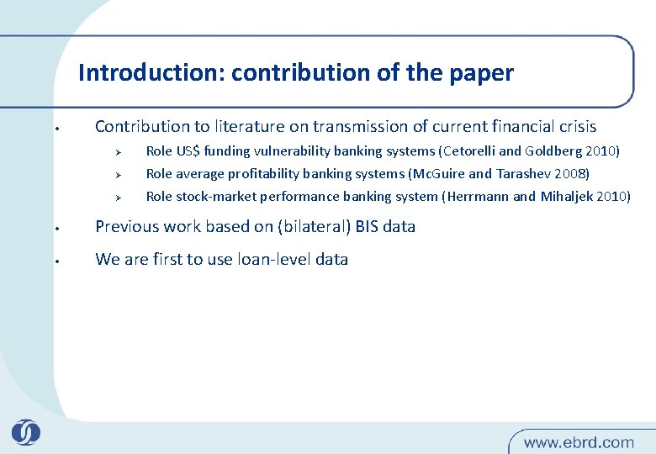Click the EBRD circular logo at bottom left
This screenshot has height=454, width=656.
(26, 432)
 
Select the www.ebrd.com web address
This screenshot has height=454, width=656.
(579, 441)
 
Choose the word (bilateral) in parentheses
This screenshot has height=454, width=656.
(304, 226)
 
